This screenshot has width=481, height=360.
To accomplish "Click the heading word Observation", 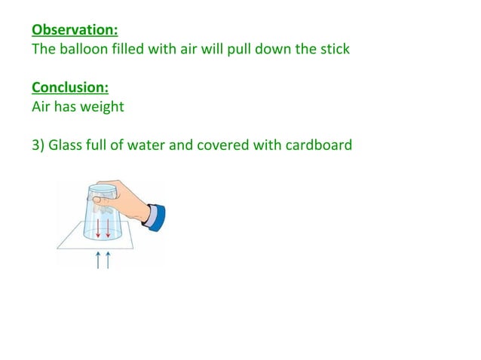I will [x=75, y=31].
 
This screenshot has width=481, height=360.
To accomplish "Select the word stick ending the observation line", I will [x=332, y=50].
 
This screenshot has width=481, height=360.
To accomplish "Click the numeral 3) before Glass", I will [x=38, y=145].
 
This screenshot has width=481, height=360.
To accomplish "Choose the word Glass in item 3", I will [x=66, y=145].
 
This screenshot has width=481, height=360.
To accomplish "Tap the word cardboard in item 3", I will [x=320, y=145].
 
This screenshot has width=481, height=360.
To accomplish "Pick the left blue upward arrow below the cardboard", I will [x=98, y=260].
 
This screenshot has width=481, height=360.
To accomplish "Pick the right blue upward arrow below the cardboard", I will [x=108, y=260].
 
